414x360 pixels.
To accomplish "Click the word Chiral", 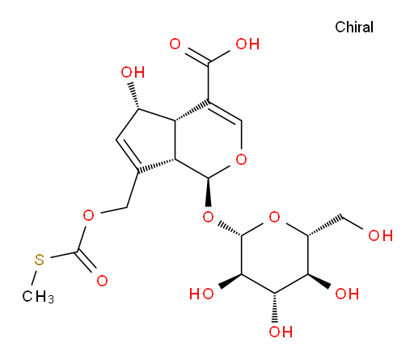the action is [x=354, y=28].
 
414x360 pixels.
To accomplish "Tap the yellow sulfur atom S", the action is [x=40, y=260].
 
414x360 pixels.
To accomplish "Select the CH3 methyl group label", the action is [x=38, y=297].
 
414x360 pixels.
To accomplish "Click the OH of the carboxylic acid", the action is [x=247, y=44].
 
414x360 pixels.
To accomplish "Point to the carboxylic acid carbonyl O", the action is [x=175, y=44].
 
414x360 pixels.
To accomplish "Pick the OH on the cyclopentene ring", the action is [x=133, y=72].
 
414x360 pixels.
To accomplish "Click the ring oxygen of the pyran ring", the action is [x=241, y=159].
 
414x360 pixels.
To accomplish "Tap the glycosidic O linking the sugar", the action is [x=209, y=217].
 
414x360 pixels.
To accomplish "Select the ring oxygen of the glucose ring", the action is [x=274, y=217].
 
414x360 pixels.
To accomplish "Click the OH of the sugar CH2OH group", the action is [x=380, y=235].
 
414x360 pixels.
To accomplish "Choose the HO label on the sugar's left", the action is [x=201, y=294].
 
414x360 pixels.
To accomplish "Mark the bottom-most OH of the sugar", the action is [x=281, y=332].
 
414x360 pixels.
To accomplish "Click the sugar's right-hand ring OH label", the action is [x=347, y=294].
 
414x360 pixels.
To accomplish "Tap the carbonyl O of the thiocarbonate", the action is [x=102, y=281].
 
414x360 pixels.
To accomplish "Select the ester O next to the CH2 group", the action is [x=88, y=215].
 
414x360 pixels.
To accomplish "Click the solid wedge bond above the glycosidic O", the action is [x=209, y=192].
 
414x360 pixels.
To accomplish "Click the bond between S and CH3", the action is [x=34, y=277].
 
